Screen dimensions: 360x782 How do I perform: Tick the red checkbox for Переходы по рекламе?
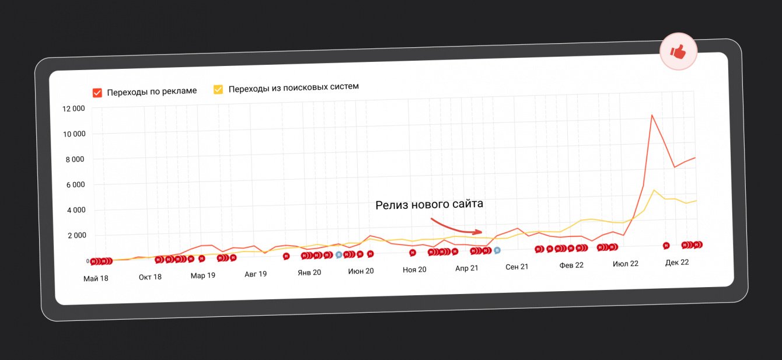97,92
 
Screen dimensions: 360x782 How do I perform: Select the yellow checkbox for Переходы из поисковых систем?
218,89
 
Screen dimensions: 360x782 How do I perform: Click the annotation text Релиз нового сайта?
429,204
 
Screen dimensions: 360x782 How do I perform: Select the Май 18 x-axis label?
96,278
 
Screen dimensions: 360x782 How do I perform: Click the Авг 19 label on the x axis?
256,274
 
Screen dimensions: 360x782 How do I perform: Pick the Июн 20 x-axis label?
361,271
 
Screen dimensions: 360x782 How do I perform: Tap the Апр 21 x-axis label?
467,268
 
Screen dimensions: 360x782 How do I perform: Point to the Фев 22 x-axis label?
571,265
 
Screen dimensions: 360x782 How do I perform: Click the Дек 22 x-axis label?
677,263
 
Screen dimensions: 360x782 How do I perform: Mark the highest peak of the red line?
652,115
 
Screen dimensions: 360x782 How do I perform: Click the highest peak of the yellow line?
654,190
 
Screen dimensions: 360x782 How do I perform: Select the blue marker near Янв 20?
338,255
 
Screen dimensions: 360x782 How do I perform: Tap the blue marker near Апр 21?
497,250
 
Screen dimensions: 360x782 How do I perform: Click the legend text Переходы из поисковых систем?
294,87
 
